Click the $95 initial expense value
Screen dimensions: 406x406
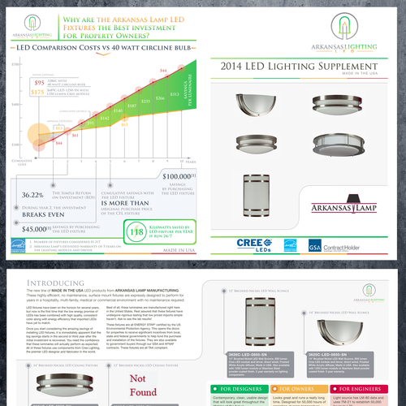point(37,83)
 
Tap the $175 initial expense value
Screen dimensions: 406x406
point(38,93)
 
